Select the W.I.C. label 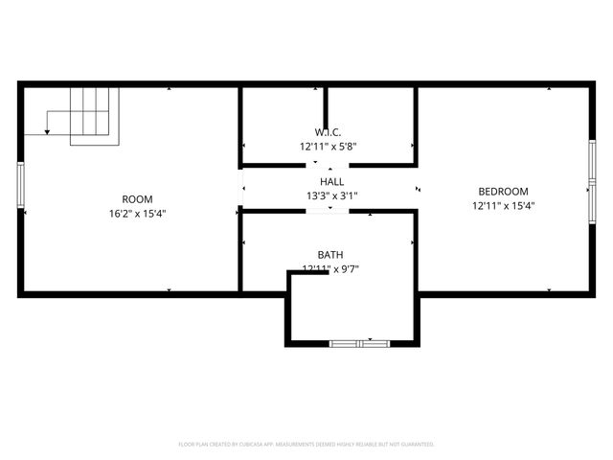328,132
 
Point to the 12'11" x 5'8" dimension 328,147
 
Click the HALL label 331,181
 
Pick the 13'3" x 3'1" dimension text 331,195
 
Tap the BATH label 330,255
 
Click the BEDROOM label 503,191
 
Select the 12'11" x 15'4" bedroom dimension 503,205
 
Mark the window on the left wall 20,185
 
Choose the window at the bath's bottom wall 358,342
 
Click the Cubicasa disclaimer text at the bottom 306,445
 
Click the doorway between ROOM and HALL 240,187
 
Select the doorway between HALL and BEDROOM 417,189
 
